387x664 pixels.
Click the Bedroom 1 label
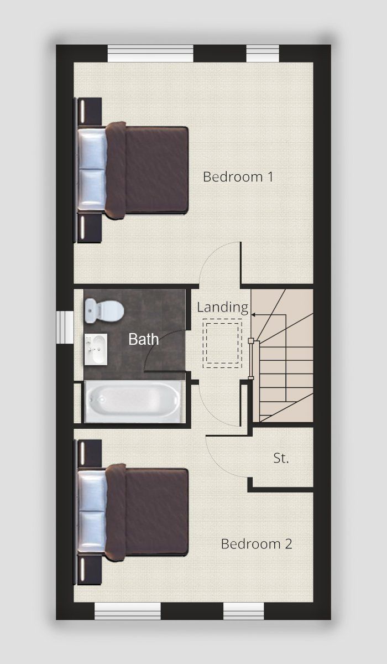point(238,177)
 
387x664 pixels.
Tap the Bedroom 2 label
point(257,544)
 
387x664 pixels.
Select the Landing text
point(223,308)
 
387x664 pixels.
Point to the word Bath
point(144,339)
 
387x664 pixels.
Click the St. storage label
point(281,458)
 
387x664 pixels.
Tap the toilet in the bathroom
point(104,310)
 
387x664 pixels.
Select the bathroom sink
point(96,349)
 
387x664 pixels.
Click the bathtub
point(133,402)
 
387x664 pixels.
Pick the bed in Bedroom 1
point(133,170)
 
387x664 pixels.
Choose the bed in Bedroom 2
point(133,512)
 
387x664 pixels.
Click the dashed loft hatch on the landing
point(222,343)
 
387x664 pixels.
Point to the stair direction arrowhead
point(253,314)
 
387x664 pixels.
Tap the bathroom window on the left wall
point(65,327)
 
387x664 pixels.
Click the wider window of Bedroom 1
point(150,53)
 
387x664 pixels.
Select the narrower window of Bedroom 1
point(263,53)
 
